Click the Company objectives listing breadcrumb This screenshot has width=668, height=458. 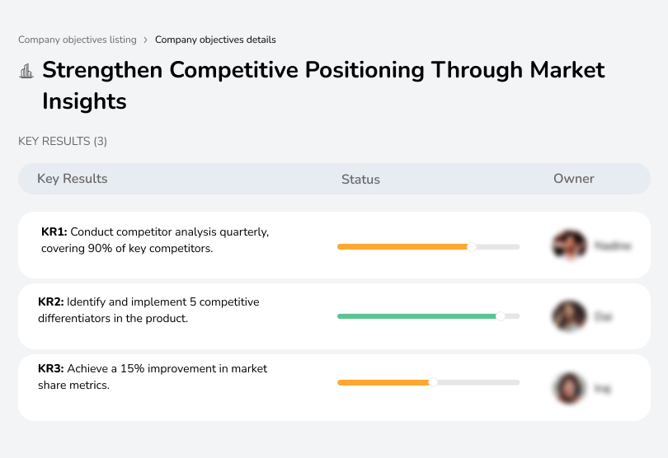point(78,40)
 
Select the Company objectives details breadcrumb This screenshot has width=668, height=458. point(215,40)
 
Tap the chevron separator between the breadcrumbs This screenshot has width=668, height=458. point(146,40)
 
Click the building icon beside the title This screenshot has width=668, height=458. point(26,71)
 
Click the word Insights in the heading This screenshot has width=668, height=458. point(84,101)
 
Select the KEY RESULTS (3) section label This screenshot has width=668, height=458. point(63,142)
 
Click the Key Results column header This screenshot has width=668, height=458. point(72,179)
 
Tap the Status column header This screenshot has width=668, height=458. point(360,179)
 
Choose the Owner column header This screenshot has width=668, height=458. point(573,179)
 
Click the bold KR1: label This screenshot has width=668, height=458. point(54,232)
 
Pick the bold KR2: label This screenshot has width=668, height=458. point(51,302)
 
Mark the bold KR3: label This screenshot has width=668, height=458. point(51,369)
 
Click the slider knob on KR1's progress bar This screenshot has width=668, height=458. point(472,246)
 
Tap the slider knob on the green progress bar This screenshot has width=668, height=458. point(500,315)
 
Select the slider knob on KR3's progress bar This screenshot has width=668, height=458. point(433,382)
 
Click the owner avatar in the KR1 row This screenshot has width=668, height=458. point(569,245)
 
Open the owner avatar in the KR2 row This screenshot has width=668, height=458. point(569,315)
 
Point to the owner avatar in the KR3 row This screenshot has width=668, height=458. point(569,387)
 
